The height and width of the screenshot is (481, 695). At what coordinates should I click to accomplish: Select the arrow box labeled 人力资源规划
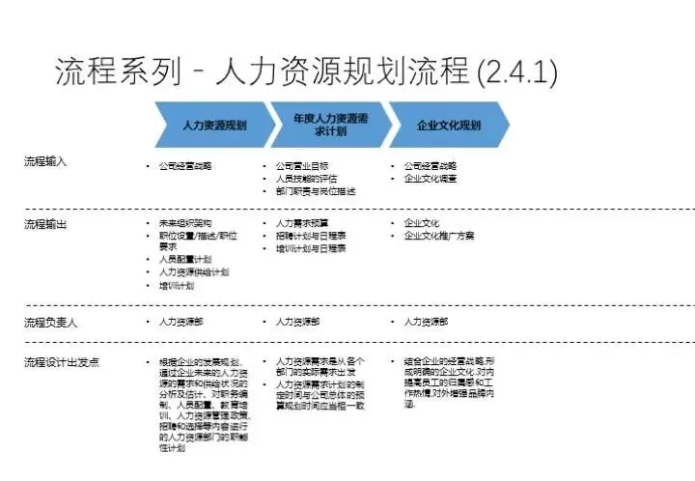(211, 126)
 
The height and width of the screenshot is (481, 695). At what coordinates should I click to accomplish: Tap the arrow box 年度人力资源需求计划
(329, 125)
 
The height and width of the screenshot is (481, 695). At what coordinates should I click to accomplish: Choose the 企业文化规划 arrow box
(448, 126)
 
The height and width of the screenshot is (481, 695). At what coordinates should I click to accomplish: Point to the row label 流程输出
(45, 225)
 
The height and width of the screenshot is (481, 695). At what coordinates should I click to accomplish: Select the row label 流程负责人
(50, 322)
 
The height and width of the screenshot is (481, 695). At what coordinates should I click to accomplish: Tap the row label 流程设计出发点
(61, 362)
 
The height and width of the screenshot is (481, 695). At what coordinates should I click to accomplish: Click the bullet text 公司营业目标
(301, 166)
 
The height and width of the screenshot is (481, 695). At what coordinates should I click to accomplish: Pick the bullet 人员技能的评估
(308, 179)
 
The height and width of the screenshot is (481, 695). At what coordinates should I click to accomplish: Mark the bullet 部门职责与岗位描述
(318, 191)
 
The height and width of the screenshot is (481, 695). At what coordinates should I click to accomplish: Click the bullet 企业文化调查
(431, 179)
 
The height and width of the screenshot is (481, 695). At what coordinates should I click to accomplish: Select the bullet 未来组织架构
(185, 222)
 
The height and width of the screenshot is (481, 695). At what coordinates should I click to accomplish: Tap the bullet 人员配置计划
(184, 260)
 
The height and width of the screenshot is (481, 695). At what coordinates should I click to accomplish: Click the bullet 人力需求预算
(301, 223)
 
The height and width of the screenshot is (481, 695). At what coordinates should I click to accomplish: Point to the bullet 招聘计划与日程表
(311, 236)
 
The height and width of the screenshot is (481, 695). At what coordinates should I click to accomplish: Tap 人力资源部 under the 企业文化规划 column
(426, 322)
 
